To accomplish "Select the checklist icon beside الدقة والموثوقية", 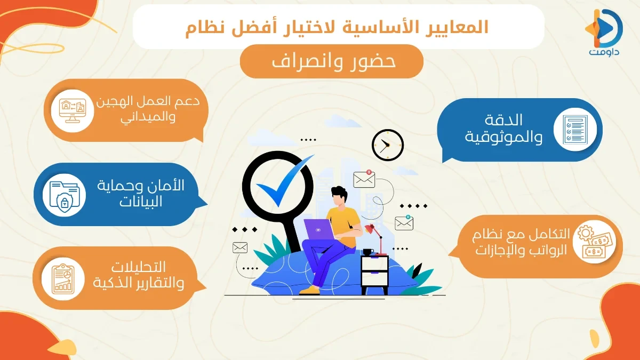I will (571, 130).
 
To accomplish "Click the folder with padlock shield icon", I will (63, 194).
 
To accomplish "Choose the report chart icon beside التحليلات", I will (62, 278).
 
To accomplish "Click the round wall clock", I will (388, 145).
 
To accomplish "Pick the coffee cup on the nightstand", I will (369, 251).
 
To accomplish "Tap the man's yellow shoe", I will (310, 291).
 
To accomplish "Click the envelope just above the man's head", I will (364, 179).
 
